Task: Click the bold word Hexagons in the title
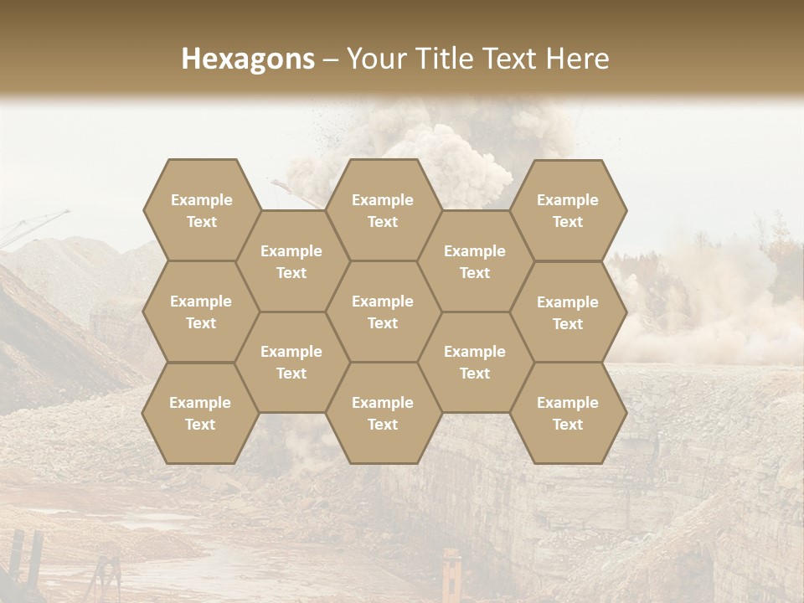coord(248,59)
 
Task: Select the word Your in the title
coord(376,59)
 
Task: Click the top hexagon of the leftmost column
coord(201,210)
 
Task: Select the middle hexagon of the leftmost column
coord(201,312)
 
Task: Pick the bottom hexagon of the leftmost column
coord(200,413)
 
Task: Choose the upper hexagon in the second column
coord(291,261)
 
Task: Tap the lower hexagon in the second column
coord(291,362)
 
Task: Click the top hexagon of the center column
coord(383,210)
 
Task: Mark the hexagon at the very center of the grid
coord(383,312)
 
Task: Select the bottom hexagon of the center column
coord(383,413)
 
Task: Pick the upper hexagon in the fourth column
coord(475,261)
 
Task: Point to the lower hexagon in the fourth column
coord(475,362)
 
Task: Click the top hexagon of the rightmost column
coord(568,210)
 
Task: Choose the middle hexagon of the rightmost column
coord(568,312)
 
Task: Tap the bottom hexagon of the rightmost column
coord(568,413)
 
